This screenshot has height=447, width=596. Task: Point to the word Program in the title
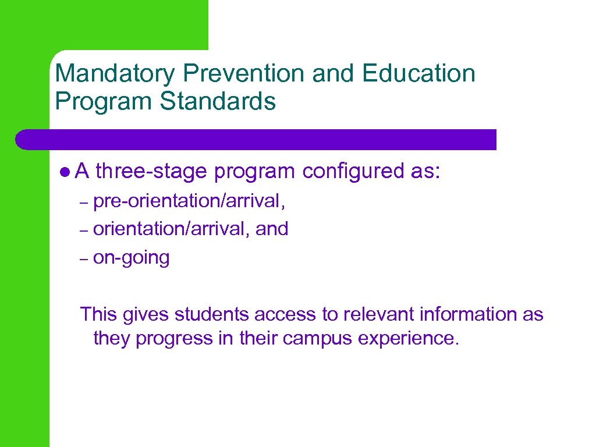pyautogui.click(x=104, y=101)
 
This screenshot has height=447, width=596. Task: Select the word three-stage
pyautogui.click(x=151, y=172)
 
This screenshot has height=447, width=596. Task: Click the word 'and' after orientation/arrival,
pyautogui.click(x=272, y=229)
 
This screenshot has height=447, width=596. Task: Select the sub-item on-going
pyautogui.click(x=131, y=257)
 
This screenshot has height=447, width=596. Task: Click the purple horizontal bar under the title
pyautogui.click(x=256, y=140)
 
